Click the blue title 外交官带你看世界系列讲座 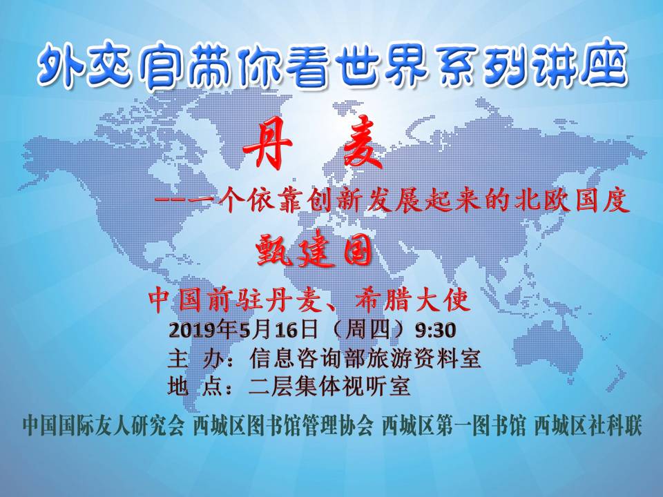[332, 67]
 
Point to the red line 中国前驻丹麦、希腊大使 [309, 300]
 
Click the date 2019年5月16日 [243, 330]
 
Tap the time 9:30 [435, 330]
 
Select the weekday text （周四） [367, 330]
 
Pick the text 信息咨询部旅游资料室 [365, 359]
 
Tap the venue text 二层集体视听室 [329, 387]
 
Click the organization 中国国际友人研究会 [104, 426]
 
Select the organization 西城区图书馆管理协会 [283, 426]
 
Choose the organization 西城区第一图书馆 [454, 426]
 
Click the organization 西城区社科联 [588, 426]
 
